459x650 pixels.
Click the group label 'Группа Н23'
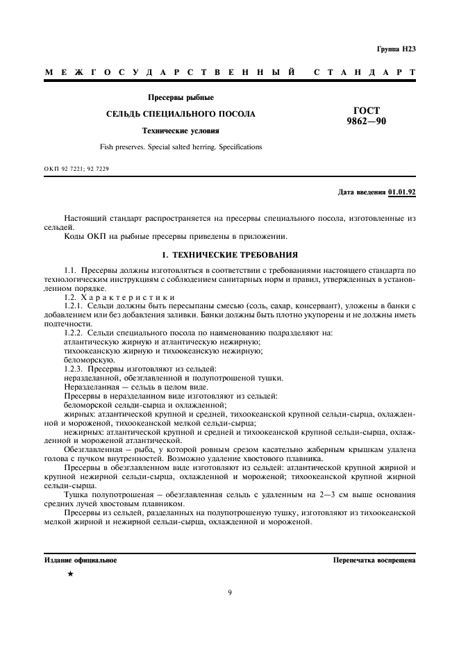click(x=396, y=49)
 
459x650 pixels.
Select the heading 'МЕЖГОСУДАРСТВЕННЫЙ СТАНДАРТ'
click(x=230, y=72)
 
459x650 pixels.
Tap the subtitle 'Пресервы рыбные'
click(x=181, y=97)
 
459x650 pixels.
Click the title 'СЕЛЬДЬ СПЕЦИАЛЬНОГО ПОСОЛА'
click(x=181, y=114)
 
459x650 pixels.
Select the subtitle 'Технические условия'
click(x=181, y=131)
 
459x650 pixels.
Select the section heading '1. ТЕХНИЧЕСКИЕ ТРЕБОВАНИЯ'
click(x=230, y=255)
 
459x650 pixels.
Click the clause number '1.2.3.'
click(x=74, y=369)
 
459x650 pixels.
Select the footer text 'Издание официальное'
click(x=81, y=559)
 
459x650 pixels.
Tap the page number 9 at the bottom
click(x=230, y=592)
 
